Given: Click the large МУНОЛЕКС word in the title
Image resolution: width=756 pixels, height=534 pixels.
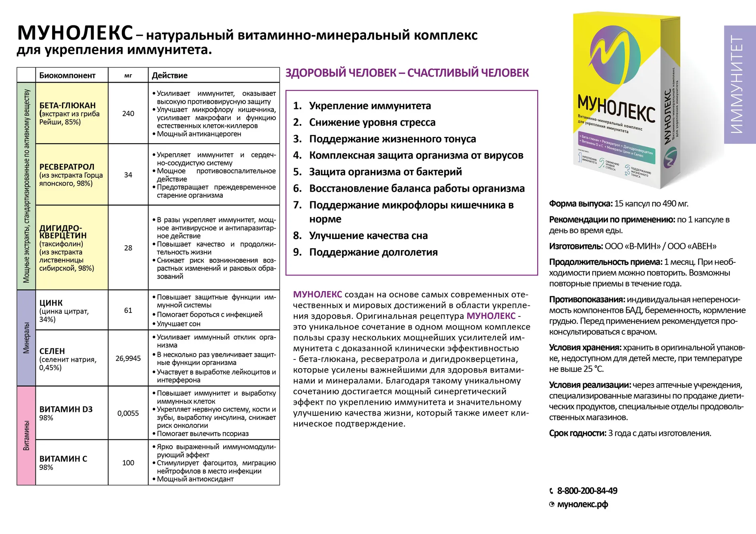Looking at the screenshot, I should tap(75, 33).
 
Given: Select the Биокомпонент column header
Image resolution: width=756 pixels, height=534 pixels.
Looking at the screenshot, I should tap(67, 76).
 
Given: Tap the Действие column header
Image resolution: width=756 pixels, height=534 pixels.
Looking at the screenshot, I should tap(170, 76).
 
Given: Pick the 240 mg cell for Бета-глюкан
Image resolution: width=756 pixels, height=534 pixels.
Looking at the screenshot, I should tap(128, 114).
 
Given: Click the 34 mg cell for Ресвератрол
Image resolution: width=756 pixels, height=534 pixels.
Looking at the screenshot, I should tap(128, 175).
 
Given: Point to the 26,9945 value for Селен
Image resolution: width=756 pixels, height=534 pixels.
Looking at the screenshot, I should tap(128, 358).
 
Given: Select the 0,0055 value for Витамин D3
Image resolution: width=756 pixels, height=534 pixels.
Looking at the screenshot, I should tap(128, 414).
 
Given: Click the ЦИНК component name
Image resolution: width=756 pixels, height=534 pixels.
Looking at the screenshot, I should tap(51, 303).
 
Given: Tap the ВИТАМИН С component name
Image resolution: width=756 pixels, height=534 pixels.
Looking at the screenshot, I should tap(63, 459).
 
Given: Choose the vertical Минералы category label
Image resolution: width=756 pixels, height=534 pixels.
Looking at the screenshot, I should tap(26, 338).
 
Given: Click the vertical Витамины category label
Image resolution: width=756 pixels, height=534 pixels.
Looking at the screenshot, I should tap(26, 435).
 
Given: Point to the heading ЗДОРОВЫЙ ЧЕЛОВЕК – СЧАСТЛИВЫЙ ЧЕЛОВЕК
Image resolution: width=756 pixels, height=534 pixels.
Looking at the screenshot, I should tap(407, 73).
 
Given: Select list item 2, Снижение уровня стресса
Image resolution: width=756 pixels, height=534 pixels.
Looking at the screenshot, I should tap(372, 122).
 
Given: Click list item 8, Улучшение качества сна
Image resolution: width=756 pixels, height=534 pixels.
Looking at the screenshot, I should tap(368, 236).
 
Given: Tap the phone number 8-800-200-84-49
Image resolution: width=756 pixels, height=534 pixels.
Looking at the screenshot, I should tap(587, 491).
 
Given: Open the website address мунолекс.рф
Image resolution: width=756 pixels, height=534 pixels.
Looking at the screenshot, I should tap(583, 505).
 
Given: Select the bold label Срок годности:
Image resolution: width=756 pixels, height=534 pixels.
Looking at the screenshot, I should tap(578, 433).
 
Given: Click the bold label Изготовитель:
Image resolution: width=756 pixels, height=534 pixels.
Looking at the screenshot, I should tap(576, 247).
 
